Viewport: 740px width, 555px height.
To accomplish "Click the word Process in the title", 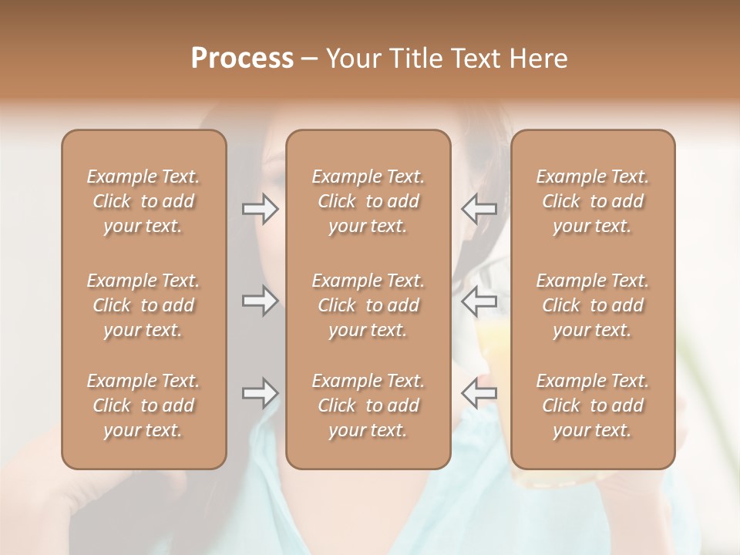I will [242, 59].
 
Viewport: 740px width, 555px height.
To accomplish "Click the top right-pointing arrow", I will [261, 209].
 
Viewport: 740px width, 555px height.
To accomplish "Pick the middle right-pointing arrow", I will [261, 301].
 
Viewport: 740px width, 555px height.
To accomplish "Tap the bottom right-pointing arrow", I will [261, 393].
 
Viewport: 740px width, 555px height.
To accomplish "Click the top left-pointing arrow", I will [479, 209].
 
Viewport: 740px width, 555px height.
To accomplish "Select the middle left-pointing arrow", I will [479, 301].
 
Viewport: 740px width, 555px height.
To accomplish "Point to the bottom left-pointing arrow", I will [479, 393].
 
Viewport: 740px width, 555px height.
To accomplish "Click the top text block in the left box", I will [143, 201].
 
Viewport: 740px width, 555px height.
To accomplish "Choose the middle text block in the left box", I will [143, 305].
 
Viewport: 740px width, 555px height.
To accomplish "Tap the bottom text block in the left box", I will [143, 405].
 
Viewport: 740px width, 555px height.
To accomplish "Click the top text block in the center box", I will [368, 201].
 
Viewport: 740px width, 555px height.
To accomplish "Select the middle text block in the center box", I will [368, 305].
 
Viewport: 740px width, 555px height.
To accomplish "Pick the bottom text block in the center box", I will [368, 405].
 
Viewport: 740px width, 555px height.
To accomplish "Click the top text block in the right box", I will [593, 201].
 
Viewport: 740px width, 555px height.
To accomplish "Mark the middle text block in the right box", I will [593, 305].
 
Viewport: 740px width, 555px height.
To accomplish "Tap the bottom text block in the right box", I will [593, 405].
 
